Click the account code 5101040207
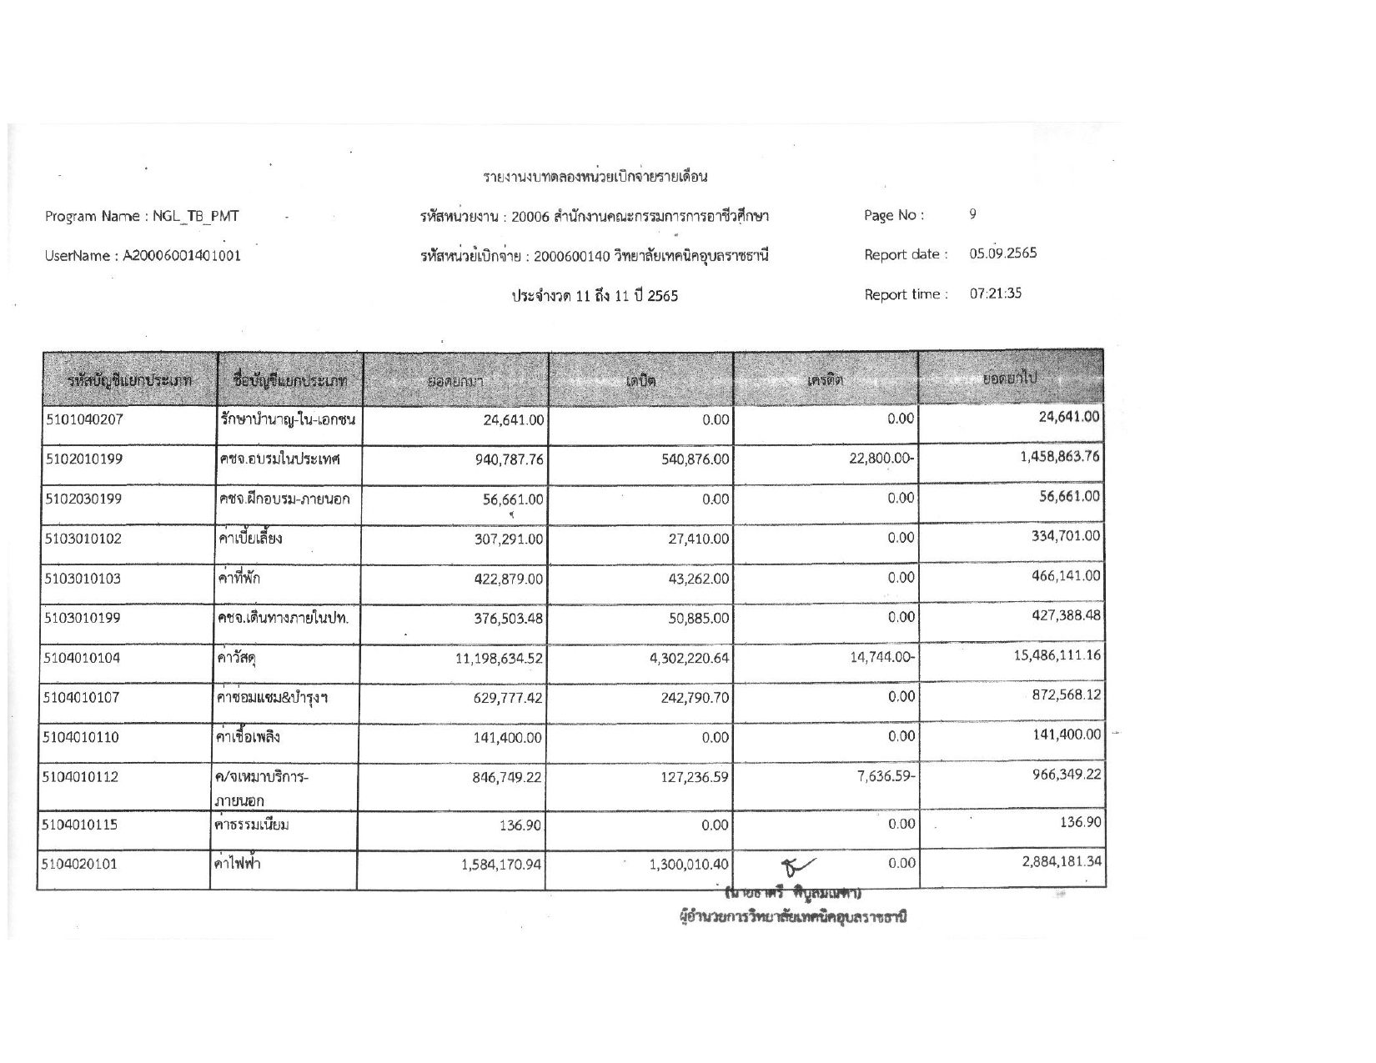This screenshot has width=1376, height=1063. [84, 419]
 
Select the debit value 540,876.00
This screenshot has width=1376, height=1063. [695, 459]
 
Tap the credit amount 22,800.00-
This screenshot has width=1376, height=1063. [882, 459]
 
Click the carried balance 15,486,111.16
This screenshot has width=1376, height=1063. [1057, 655]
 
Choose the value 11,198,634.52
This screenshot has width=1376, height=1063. [499, 659]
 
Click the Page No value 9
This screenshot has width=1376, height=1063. [972, 214]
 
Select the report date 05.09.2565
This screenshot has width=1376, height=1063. [1002, 253]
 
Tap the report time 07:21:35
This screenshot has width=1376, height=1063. [995, 293]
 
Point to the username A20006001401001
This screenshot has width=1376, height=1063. [183, 256]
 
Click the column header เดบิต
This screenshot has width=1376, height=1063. [640, 381]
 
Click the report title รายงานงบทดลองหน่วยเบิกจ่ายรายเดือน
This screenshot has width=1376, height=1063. [595, 177]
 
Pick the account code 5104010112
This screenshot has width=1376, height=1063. [81, 777]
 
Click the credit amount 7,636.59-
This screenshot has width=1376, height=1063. [886, 777]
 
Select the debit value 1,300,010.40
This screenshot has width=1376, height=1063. [689, 865]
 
